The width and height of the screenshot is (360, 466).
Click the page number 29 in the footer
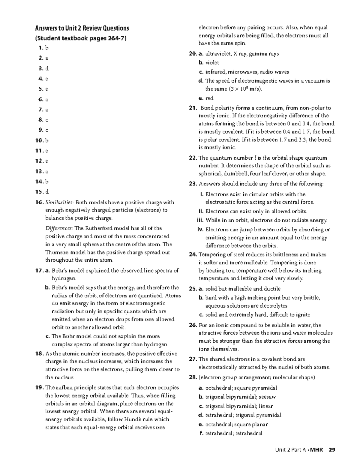[x=331, y=450]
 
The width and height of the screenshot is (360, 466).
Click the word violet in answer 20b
[x=212, y=63]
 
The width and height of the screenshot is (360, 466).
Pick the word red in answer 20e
[x=209, y=98]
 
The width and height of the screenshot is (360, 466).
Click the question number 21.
[x=193, y=108]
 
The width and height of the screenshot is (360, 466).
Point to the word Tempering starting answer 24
[x=211, y=255]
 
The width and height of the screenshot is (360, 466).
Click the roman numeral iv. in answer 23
[x=201, y=230]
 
